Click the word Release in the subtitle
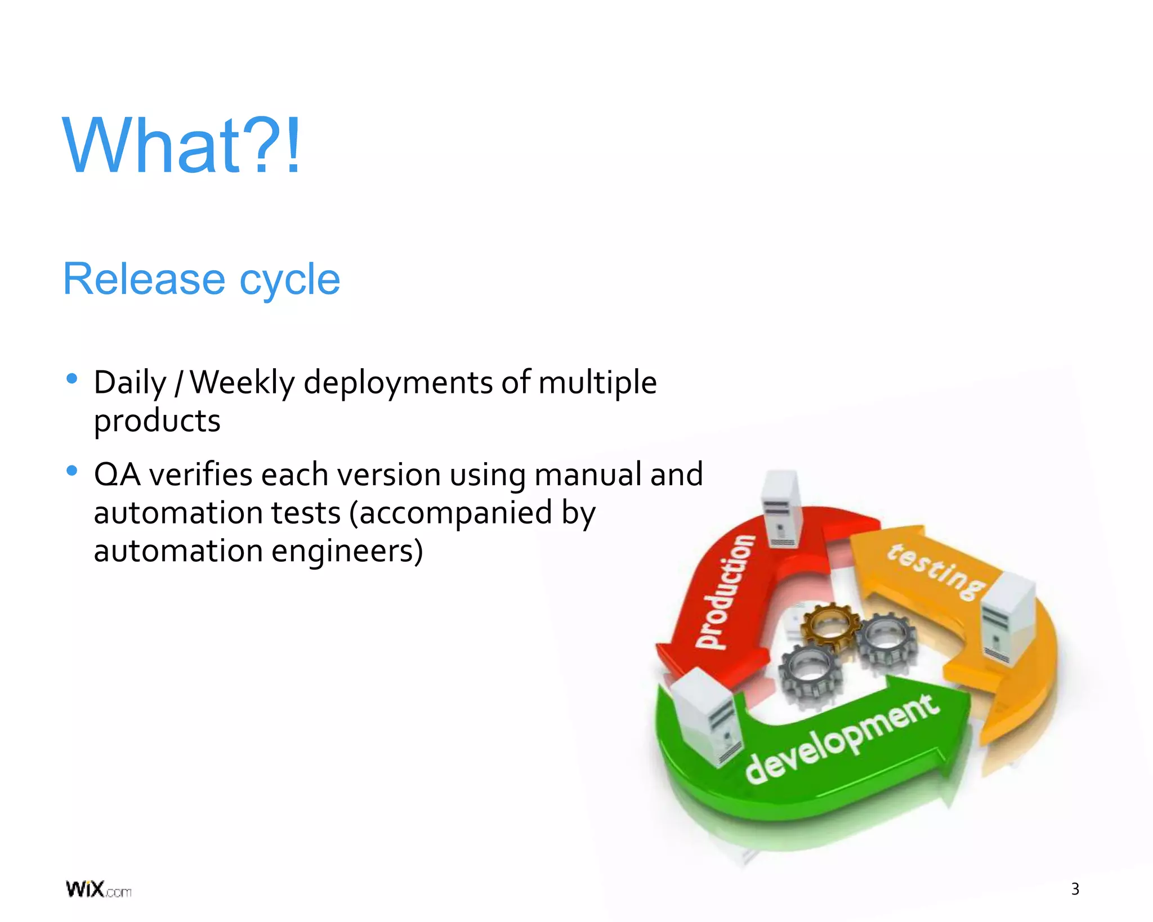point(144,279)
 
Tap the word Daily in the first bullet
point(130,383)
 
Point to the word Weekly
point(242,383)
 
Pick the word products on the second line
point(157,422)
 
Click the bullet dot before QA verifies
point(71,471)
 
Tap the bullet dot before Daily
point(71,379)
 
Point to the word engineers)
point(347,551)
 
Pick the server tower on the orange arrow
point(1008,616)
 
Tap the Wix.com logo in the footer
point(99,889)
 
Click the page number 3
point(1075,889)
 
